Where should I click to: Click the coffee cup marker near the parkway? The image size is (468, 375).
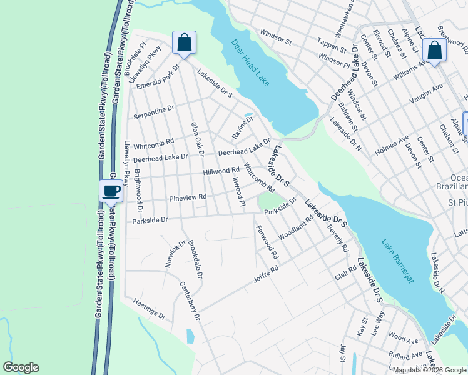tap(111, 191)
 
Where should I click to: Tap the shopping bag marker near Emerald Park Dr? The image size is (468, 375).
tap(184, 42)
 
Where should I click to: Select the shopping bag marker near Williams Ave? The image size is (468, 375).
tap(434, 51)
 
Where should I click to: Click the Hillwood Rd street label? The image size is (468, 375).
tap(221, 171)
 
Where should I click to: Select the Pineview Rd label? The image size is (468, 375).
tap(188, 198)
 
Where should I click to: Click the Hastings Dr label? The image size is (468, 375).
tap(149, 308)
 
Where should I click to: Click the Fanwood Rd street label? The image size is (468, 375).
tap(267, 243)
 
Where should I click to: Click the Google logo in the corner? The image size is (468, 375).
tap(21, 367)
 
